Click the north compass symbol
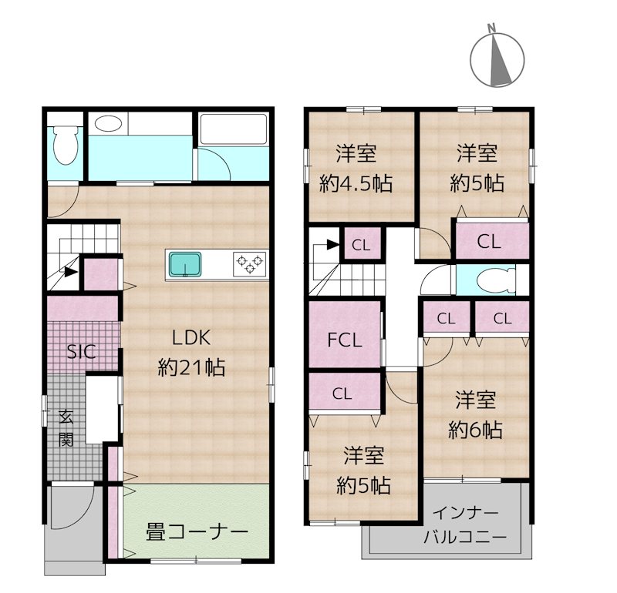click(x=497, y=59)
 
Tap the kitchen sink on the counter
click(x=185, y=264)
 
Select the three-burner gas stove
click(x=249, y=263)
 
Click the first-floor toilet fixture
click(x=66, y=145)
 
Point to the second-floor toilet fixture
click(x=495, y=280)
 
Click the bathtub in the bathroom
click(x=234, y=129)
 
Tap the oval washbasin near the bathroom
click(x=108, y=124)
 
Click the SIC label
click(x=82, y=352)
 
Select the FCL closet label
click(x=345, y=340)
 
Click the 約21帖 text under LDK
click(x=191, y=368)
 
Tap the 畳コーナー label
click(x=197, y=532)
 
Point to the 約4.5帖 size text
click(x=356, y=183)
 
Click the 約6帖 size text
click(x=475, y=430)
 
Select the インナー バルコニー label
click(x=465, y=525)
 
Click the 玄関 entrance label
click(x=66, y=428)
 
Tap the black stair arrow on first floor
click(x=70, y=272)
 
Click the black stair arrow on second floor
click(x=333, y=245)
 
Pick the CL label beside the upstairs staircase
click(x=361, y=246)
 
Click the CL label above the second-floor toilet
click(x=489, y=241)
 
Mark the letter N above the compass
click(x=491, y=28)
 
